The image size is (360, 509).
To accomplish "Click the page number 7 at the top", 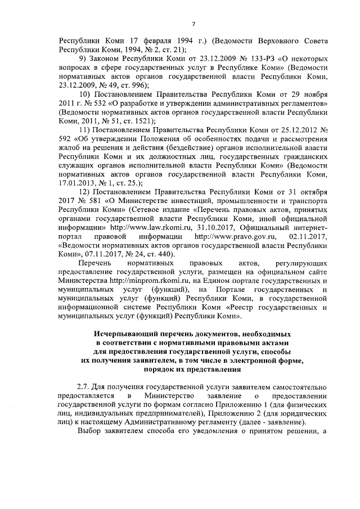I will tap(193, 24).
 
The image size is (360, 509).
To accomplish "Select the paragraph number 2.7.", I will tap(83, 388).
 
